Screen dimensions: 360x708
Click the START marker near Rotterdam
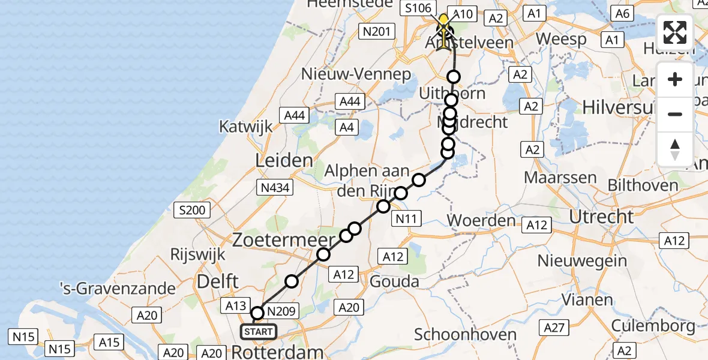tap(258, 332)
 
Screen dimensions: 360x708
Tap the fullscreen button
tap(675, 32)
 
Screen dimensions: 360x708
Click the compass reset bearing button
tap(675, 149)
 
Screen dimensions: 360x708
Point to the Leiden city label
tap(284, 160)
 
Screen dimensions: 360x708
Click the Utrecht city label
tap(601, 217)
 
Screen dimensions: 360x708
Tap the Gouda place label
tap(395, 281)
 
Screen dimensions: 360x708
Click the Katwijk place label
tap(246, 127)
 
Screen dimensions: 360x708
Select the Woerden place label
tap(481, 220)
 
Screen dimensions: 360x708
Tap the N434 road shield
tap(275, 188)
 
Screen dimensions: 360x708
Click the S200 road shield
tap(192, 211)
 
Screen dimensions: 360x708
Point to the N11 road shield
tap(406, 220)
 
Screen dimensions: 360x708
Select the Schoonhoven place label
tap(465, 335)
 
